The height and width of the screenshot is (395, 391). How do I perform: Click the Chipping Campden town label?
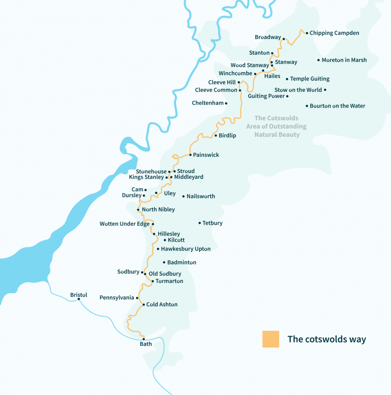(x=334, y=33)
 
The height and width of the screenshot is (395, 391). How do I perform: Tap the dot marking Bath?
(x=143, y=339)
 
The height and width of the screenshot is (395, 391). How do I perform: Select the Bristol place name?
(x=79, y=295)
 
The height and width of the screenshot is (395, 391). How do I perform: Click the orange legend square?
(x=271, y=339)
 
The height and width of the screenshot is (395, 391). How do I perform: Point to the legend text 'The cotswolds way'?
(x=326, y=339)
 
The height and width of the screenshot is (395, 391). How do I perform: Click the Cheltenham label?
(x=208, y=103)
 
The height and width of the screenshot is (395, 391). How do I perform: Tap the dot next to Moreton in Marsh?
(x=319, y=60)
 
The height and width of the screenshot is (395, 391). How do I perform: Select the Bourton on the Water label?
(x=337, y=106)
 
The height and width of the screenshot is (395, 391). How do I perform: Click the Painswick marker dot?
(x=190, y=155)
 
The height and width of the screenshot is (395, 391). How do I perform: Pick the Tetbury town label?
(x=212, y=223)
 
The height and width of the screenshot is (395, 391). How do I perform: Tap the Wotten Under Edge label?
(x=125, y=224)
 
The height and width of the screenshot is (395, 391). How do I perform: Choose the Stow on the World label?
(x=298, y=90)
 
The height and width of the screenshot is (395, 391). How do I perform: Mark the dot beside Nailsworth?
(x=183, y=196)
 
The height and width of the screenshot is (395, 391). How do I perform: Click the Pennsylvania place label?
(x=117, y=298)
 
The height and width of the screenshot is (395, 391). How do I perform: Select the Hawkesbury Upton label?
(x=186, y=249)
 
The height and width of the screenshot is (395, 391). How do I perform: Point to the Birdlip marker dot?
(x=215, y=136)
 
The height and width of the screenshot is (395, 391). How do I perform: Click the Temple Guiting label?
(x=309, y=79)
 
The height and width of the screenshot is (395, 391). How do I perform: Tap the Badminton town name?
(x=182, y=262)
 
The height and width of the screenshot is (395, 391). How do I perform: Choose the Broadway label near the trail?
(x=268, y=37)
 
